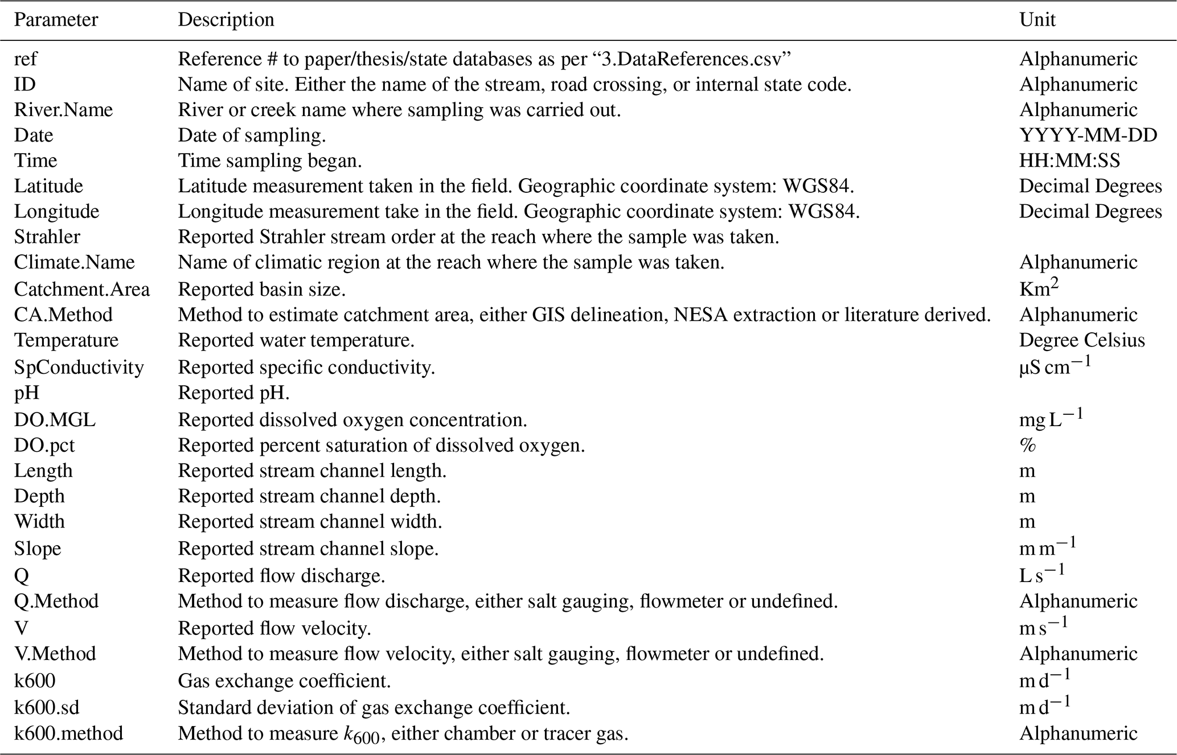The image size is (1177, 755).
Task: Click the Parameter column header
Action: [x=56, y=20]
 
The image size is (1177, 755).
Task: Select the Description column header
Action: [x=226, y=20]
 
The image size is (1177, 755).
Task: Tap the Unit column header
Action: [x=1037, y=20]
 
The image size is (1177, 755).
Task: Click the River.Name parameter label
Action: [x=63, y=110]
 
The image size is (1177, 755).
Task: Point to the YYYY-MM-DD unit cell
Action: [x=1088, y=135]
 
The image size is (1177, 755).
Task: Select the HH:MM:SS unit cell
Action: [x=1069, y=161]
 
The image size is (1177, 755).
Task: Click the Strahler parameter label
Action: [x=47, y=237]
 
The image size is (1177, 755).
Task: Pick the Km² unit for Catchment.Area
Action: [x=1039, y=288]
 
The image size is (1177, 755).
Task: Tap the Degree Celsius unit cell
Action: [x=1081, y=340]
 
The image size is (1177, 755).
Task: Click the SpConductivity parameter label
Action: [x=79, y=368]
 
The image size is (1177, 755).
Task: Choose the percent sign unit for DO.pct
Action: [x=1027, y=445]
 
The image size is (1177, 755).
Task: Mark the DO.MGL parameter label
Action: [x=55, y=420]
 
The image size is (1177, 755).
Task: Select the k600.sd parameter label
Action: [x=47, y=708]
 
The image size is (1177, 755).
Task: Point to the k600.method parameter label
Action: [x=68, y=733]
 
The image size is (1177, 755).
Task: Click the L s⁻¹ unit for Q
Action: [x=1041, y=575]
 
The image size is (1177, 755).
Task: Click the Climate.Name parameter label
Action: [x=74, y=262]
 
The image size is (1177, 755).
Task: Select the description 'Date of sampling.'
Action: [x=252, y=135]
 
